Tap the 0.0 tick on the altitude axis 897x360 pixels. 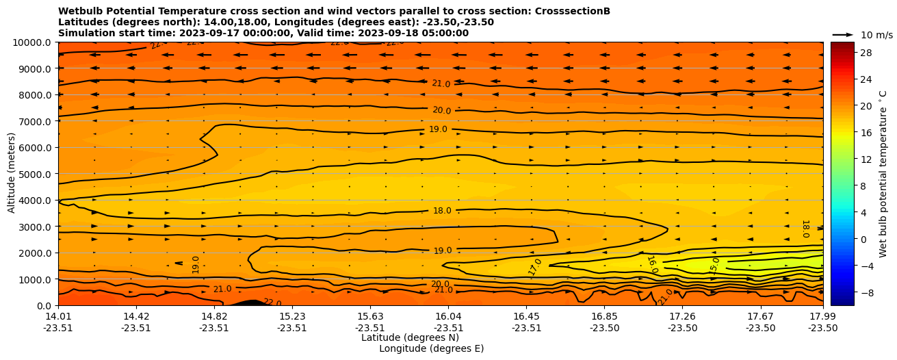[46, 306]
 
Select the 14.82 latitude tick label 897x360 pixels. [214, 316]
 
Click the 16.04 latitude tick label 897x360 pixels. [448, 316]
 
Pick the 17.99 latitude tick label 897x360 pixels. [822, 316]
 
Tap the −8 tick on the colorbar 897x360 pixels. [866, 292]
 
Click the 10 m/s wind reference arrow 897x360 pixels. [843, 34]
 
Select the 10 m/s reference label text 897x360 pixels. [876, 35]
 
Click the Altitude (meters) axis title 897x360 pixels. [12, 174]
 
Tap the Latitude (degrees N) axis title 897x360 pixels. [410, 337]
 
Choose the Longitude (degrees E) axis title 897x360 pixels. [431, 348]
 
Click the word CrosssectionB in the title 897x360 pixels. [573, 11]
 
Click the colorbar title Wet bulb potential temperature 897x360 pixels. [883, 174]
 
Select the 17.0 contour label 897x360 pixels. [535, 267]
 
